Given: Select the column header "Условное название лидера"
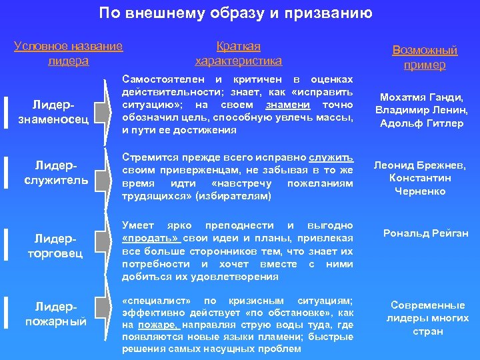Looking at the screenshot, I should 69,53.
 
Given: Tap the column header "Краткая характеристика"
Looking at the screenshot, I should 238,53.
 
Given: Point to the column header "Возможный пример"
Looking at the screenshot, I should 425,58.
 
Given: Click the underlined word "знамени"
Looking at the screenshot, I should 287,105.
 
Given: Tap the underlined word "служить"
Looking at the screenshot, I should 331,158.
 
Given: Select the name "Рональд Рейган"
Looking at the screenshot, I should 425,233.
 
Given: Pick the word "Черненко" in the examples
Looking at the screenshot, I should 420,191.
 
